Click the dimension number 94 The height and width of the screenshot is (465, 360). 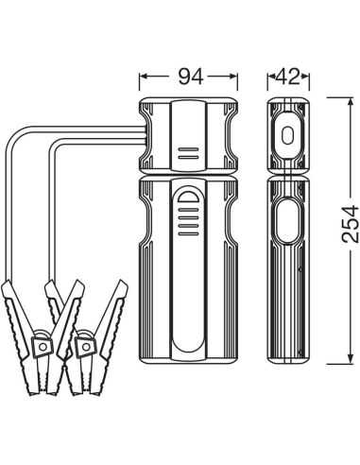tap(191, 77)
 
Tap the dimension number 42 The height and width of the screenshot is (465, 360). tap(288, 77)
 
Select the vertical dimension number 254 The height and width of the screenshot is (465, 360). tap(351, 224)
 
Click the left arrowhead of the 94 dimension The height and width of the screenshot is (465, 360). tap(144, 77)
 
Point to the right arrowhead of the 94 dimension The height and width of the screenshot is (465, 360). tap(233, 77)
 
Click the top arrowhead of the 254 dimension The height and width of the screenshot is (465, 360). tap(351, 102)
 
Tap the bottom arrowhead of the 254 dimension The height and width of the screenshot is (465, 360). tap(351, 359)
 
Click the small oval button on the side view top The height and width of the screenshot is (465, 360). tap(287, 136)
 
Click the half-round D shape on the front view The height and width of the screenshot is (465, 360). tap(188, 197)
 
